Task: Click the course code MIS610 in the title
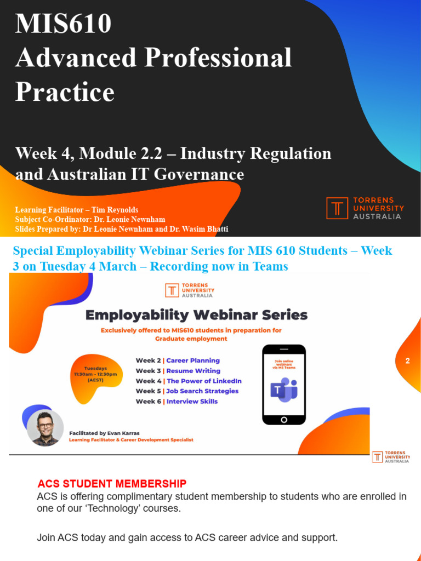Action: [64, 24]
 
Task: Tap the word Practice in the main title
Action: [65, 91]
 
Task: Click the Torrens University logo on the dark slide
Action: [365, 208]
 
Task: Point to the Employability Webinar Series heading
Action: [196, 315]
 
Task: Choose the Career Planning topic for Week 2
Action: [192, 360]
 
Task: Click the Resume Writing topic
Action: [193, 371]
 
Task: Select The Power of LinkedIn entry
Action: [204, 381]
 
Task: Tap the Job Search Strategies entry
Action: [202, 391]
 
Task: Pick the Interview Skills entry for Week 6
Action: [192, 402]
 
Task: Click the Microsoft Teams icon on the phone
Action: [283, 390]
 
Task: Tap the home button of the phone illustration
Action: [283, 420]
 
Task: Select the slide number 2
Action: [407, 361]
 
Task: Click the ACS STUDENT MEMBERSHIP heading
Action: [112, 484]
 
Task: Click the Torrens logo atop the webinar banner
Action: [189, 290]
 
